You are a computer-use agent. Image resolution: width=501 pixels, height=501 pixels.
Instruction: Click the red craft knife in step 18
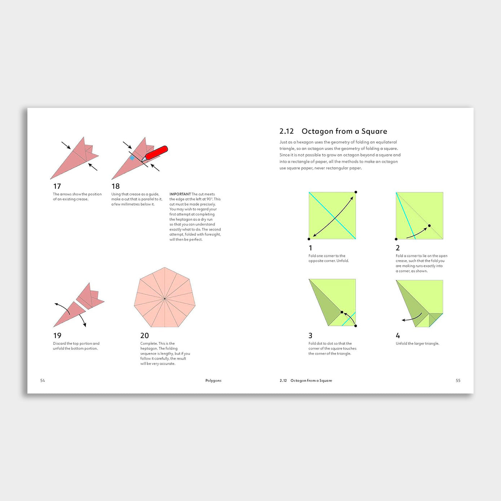[x=156, y=153]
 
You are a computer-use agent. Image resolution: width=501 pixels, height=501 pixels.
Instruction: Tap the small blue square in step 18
[x=132, y=158]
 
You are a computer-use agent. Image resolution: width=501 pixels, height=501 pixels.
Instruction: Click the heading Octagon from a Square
[x=344, y=131]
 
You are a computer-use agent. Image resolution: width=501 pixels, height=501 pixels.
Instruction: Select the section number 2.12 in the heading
[x=286, y=131]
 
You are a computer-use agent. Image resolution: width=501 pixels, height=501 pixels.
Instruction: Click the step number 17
[x=57, y=186]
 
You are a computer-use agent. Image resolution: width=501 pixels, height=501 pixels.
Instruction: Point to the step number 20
[x=144, y=335]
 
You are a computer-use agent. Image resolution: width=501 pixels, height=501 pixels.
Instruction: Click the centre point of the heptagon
[x=164, y=298]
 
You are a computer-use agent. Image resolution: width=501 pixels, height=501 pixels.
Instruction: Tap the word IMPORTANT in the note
[x=180, y=194]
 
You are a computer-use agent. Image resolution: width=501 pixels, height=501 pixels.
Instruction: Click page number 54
[x=43, y=381]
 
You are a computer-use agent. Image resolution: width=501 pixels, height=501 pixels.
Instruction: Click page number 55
[x=458, y=381]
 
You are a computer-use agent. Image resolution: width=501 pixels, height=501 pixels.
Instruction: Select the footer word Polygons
[x=213, y=381]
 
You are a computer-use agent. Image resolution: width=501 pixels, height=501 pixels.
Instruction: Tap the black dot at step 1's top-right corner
[x=356, y=192]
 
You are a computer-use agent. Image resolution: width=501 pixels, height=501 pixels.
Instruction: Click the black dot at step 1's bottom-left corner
[x=309, y=239]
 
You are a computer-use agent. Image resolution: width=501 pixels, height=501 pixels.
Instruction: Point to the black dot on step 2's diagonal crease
[x=429, y=226]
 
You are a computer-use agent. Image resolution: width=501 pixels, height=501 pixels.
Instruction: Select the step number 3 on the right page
[x=310, y=335]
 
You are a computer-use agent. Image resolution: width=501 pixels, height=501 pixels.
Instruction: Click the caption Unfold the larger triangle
[x=417, y=343]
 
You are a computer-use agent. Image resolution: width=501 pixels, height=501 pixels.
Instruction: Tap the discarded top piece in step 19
[x=90, y=296]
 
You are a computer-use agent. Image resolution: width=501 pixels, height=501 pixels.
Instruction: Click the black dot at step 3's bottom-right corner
[x=356, y=326]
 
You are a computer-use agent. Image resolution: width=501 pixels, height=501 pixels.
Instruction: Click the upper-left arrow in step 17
[x=66, y=145]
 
